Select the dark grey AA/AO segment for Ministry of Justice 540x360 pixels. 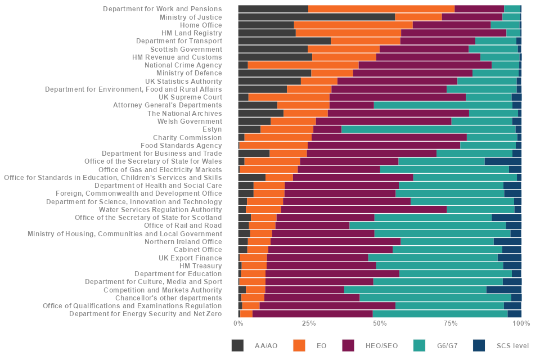(x=316, y=17)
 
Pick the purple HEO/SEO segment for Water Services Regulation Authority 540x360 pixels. (x=364, y=209)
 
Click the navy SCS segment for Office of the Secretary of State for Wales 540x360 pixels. (x=503, y=161)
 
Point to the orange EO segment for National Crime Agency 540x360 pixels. (x=303, y=65)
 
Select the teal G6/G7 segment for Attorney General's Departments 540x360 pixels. (x=443, y=105)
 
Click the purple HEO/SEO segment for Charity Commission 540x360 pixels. (x=389, y=137)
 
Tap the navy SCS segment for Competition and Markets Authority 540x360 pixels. (x=503, y=290)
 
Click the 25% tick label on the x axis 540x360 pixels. (x=309, y=323)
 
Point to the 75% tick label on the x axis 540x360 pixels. (x=451, y=323)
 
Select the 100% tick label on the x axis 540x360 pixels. (x=521, y=323)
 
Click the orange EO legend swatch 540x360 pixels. (x=299, y=346)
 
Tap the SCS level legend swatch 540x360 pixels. (x=479, y=346)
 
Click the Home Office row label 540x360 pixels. (x=201, y=25)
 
